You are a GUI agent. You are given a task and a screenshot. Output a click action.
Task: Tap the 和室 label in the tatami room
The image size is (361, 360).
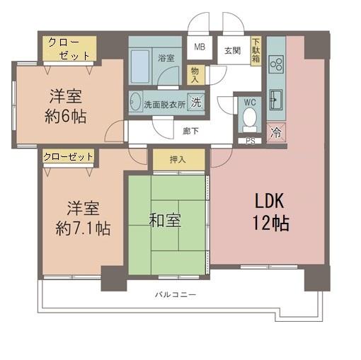[x=165, y=220]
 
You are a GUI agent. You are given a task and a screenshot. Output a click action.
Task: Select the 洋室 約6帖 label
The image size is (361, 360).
[x=67, y=105]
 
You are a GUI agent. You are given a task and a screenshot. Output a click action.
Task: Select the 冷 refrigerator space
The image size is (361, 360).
[x=276, y=131]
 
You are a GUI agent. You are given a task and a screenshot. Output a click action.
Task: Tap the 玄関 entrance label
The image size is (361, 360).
[x=231, y=51]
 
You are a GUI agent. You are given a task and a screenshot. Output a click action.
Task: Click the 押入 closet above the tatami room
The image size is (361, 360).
[x=178, y=160]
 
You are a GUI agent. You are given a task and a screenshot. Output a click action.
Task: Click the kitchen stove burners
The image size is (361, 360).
[x=276, y=65]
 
